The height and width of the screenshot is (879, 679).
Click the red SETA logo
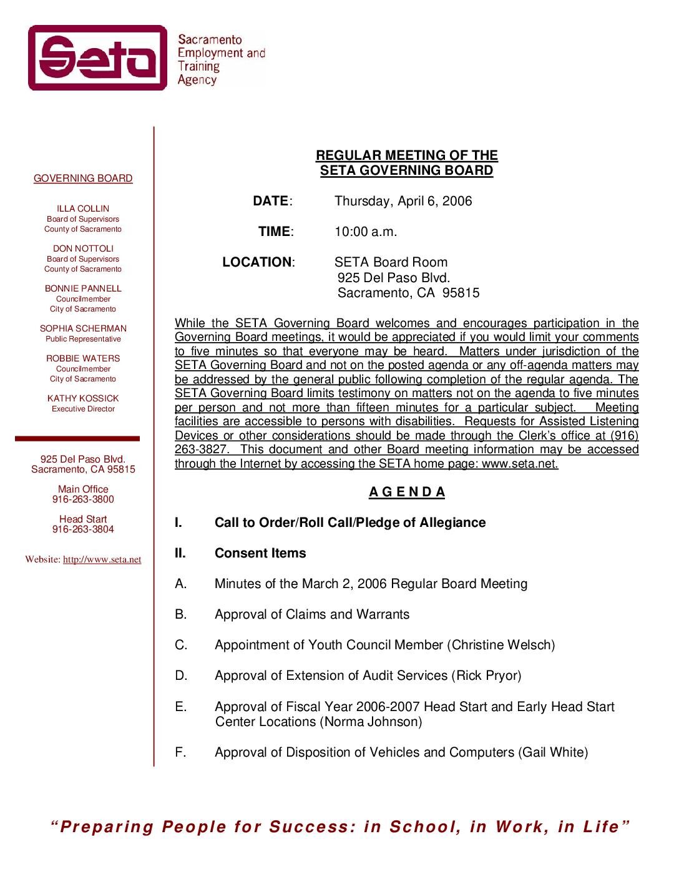[x=97, y=57]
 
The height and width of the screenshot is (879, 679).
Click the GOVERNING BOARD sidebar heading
[x=83, y=179]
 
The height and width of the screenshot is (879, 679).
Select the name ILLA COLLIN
[x=83, y=209]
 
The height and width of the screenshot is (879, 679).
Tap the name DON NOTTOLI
[x=83, y=248]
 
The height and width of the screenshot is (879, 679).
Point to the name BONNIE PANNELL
[x=83, y=288]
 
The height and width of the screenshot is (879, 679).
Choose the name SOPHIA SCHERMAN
[x=83, y=328]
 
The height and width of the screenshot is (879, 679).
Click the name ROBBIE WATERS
[x=83, y=358]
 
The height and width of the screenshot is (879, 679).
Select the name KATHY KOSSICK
[x=83, y=398]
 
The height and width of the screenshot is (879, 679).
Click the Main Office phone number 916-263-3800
[x=83, y=499]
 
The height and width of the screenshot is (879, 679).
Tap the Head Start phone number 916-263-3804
[x=83, y=529]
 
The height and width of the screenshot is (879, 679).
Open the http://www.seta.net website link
[x=102, y=559]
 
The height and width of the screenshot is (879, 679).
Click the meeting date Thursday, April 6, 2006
[x=403, y=201]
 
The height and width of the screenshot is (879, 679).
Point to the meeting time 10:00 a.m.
[x=366, y=232]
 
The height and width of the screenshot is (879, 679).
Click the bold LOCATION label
[x=257, y=262]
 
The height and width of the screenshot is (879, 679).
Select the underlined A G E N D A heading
[x=407, y=492]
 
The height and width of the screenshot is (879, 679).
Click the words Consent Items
[x=260, y=553]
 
